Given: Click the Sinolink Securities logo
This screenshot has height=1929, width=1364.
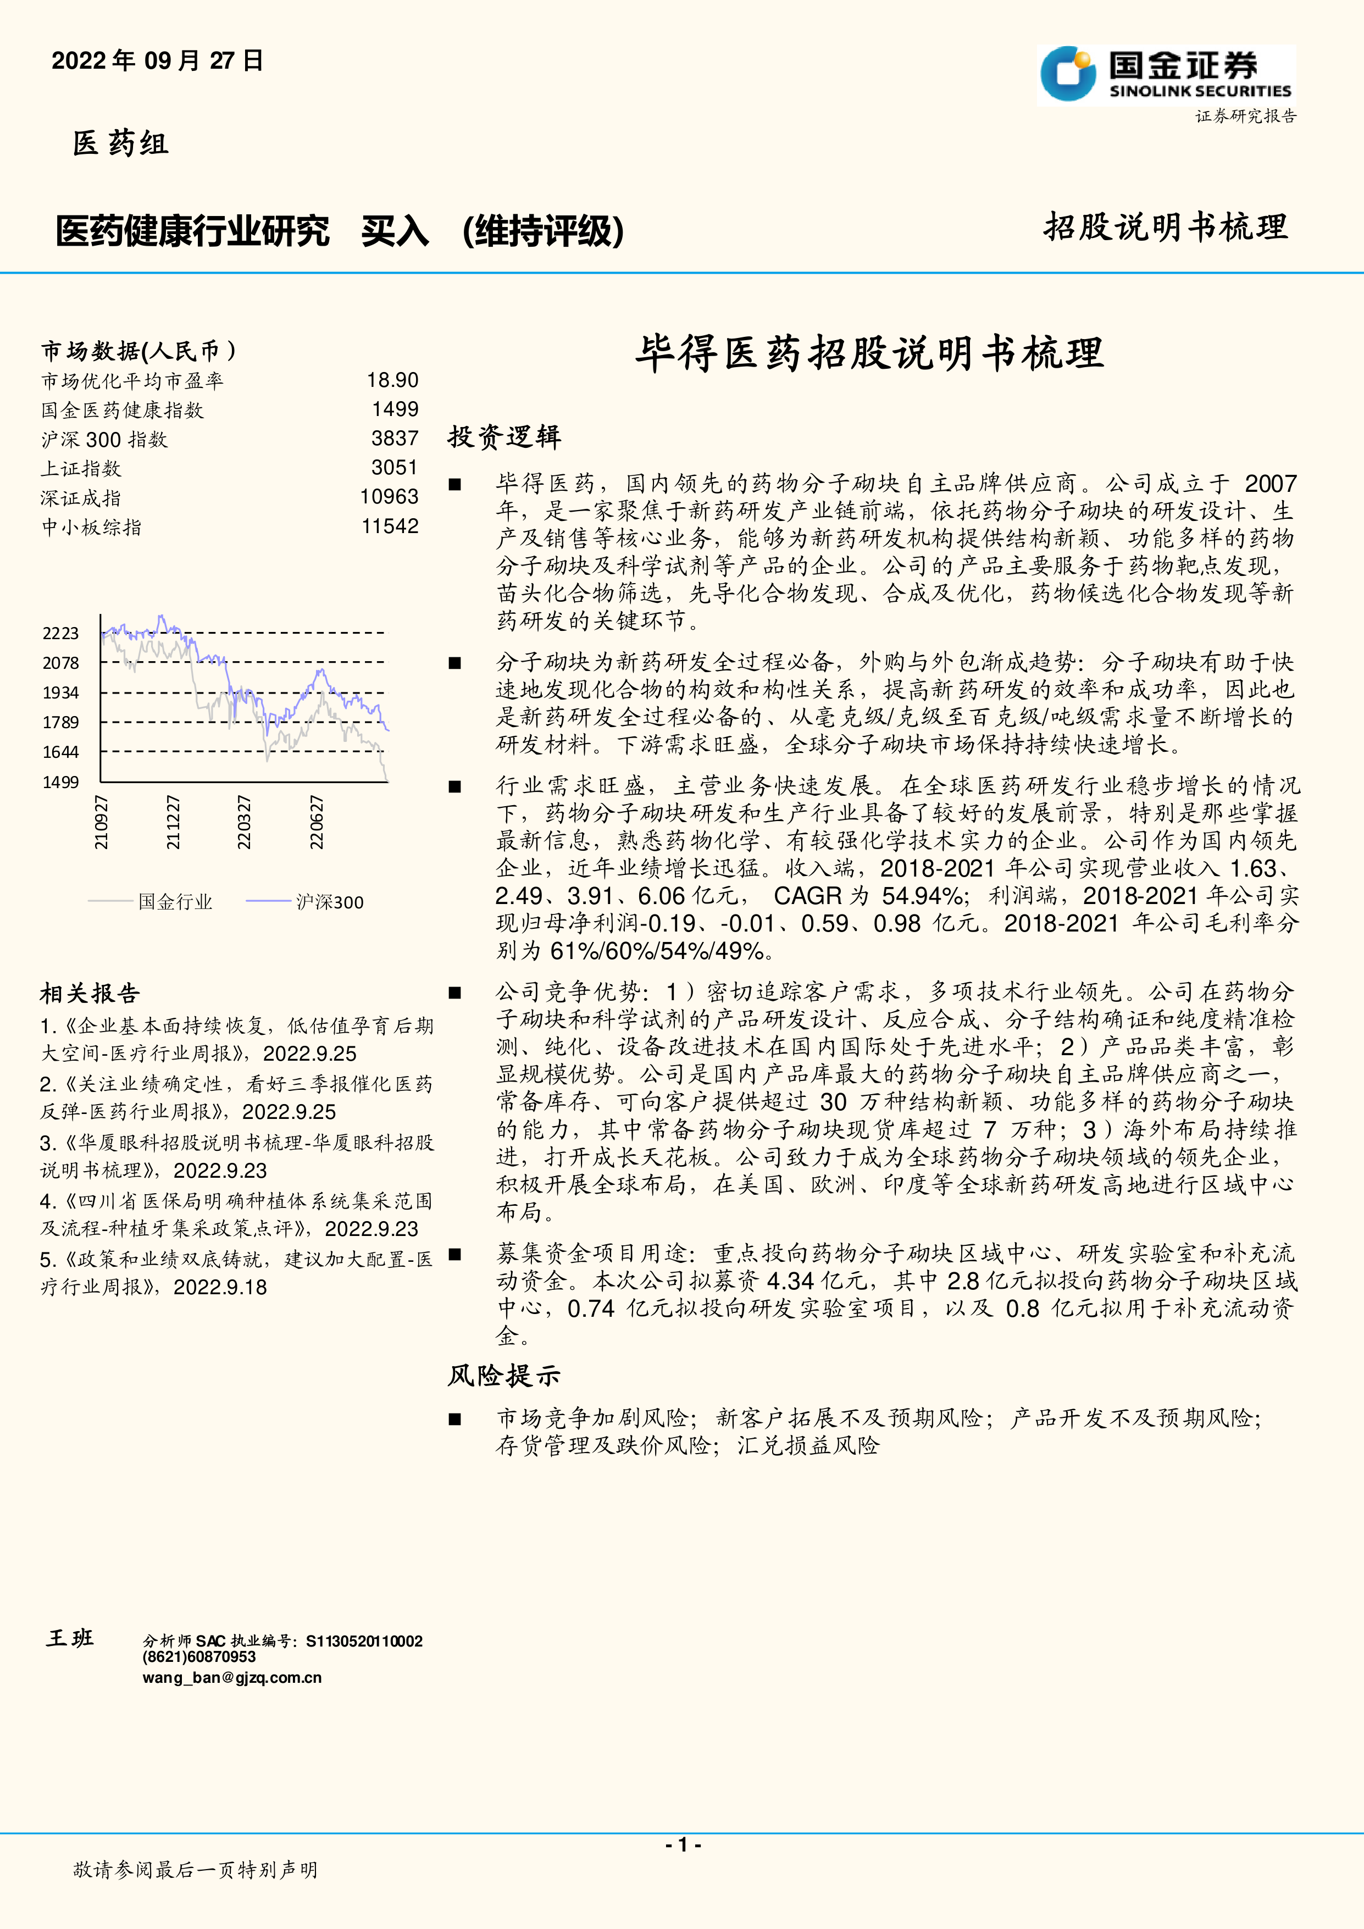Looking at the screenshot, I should [x=1166, y=76].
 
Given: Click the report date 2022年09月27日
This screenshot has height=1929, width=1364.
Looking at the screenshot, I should [x=157, y=60].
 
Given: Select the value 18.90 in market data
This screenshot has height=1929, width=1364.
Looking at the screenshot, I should [x=392, y=381].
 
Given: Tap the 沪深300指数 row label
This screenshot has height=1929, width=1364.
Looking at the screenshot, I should [x=104, y=440].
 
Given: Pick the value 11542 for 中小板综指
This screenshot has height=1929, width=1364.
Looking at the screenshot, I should [x=390, y=527].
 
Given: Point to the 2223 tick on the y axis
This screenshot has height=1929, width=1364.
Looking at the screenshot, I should [x=60, y=634].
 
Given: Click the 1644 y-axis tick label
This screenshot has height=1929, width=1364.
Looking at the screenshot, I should [x=60, y=752].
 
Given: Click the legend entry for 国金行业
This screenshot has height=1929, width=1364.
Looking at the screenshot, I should [x=175, y=902].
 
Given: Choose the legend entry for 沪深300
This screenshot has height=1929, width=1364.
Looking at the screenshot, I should [x=329, y=902].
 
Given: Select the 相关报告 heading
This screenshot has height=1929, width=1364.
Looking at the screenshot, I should [x=90, y=994].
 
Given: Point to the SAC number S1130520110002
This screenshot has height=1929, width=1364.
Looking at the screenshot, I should [x=364, y=1641].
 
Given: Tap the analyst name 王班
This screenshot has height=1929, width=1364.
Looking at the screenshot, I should [x=70, y=1638].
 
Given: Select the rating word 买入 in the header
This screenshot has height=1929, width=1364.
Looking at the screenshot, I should [x=395, y=231].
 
